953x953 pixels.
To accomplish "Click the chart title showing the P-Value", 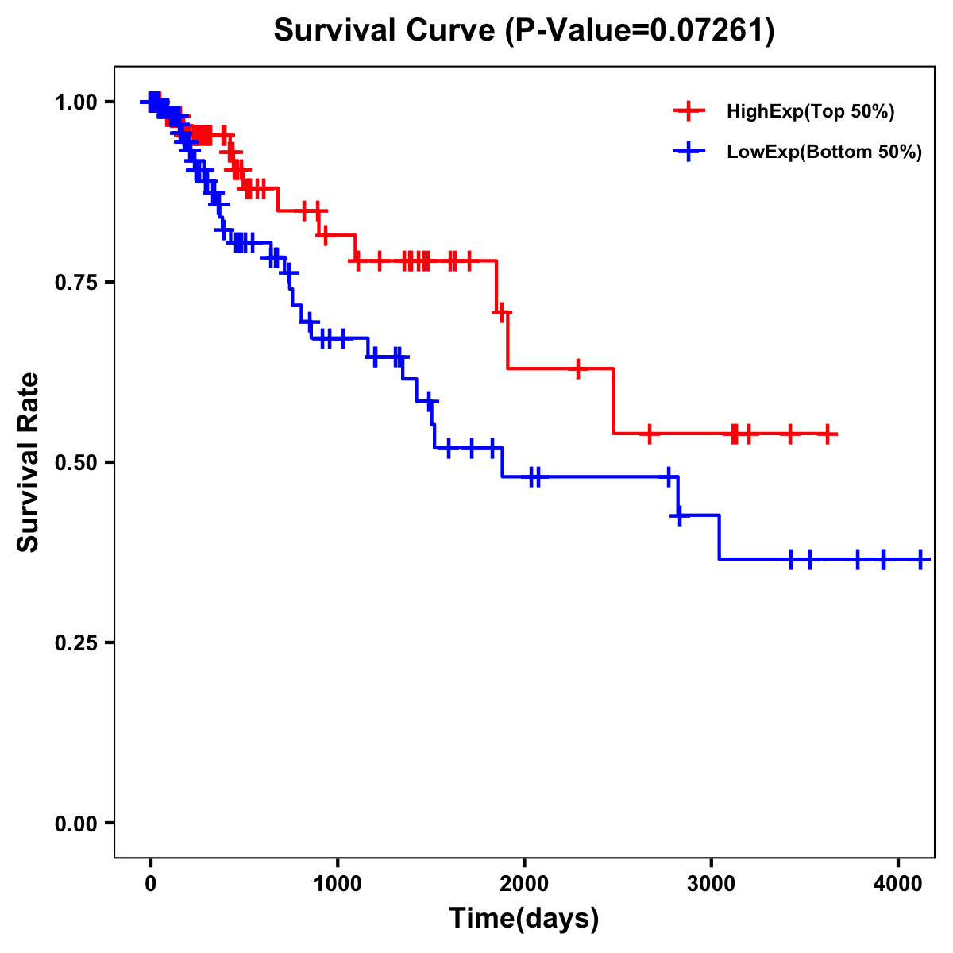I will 523,30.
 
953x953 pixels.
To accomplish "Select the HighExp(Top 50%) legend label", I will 810,112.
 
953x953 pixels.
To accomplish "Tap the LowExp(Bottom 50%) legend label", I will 824,152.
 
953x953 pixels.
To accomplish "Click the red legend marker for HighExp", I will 689,111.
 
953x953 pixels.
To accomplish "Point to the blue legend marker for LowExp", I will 689,152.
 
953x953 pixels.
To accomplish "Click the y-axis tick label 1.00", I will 75,102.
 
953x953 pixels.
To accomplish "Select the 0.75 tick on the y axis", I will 75,282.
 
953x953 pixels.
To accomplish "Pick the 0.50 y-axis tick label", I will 75,462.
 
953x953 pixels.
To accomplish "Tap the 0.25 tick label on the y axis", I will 75,642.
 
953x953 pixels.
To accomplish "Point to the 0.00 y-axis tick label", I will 75,823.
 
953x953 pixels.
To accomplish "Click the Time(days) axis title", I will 524,919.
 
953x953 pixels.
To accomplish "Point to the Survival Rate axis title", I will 29,461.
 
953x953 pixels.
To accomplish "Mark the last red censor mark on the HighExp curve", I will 828,434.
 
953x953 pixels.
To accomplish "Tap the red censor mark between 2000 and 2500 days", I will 577,368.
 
